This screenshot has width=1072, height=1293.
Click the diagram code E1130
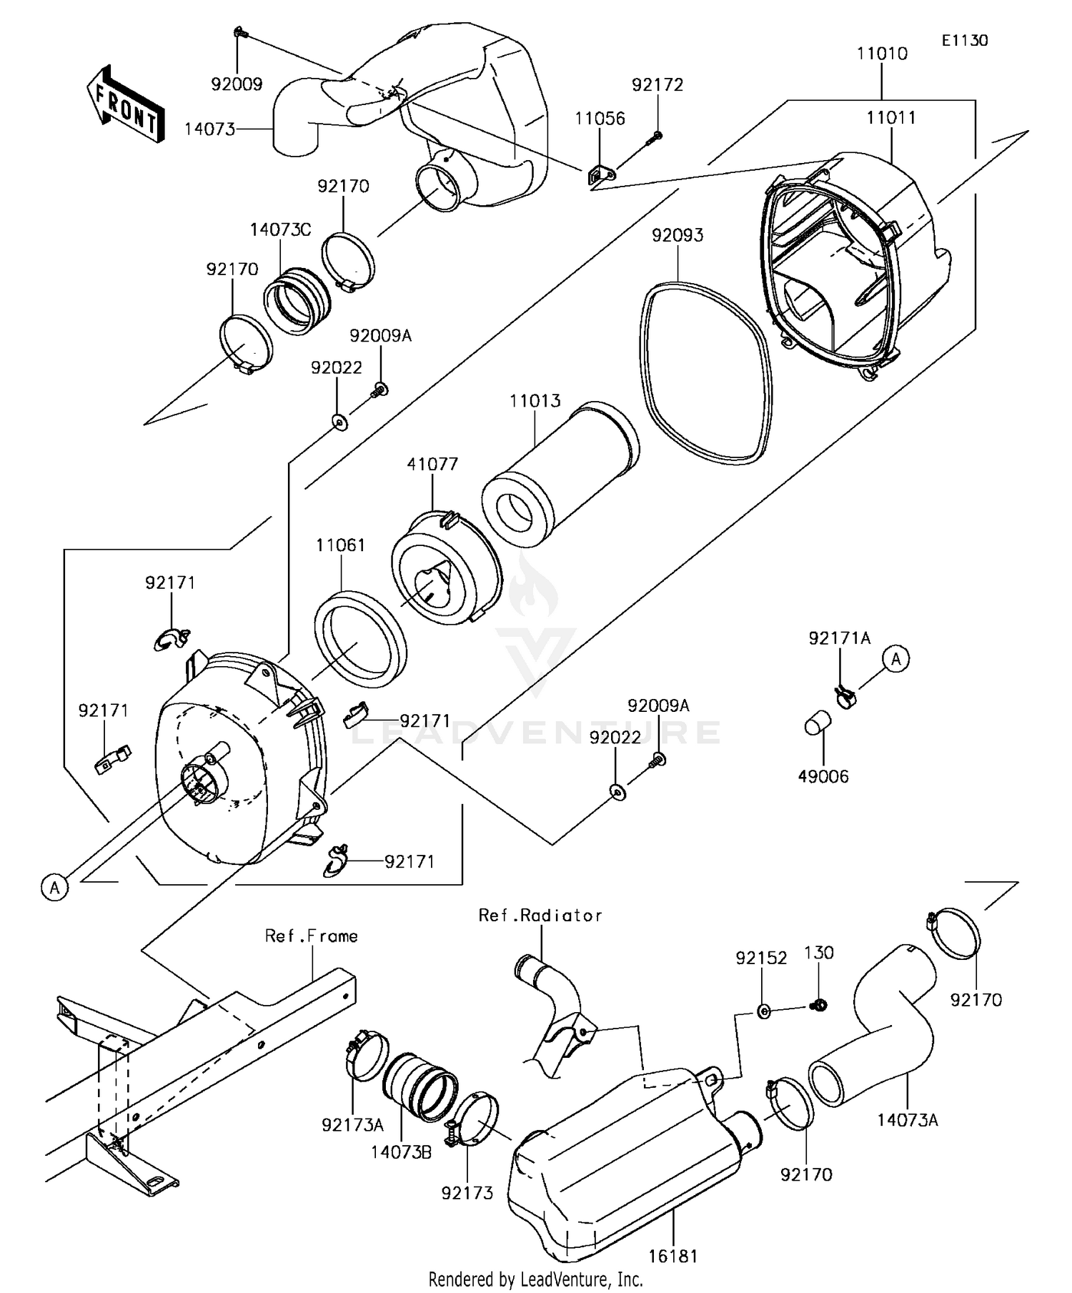tap(964, 41)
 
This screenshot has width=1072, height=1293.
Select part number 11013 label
tap(535, 401)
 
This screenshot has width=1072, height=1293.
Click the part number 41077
tap(432, 464)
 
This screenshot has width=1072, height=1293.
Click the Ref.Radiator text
tap(540, 916)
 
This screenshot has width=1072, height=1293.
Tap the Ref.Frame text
tap(312, 936)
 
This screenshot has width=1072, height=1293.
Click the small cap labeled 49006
tap(818, 723)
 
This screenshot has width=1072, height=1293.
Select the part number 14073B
tap(401, 1151)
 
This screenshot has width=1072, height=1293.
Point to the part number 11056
tap(600, 119)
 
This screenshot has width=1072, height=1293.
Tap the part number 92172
tap(657, 84)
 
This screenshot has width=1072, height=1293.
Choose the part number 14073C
tap(280, 230)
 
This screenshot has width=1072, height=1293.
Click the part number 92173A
tap(352, 1125)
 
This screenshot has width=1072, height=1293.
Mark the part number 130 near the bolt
tap(819, 953)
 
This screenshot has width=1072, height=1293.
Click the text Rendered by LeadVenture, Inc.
tap(535, 1279)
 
